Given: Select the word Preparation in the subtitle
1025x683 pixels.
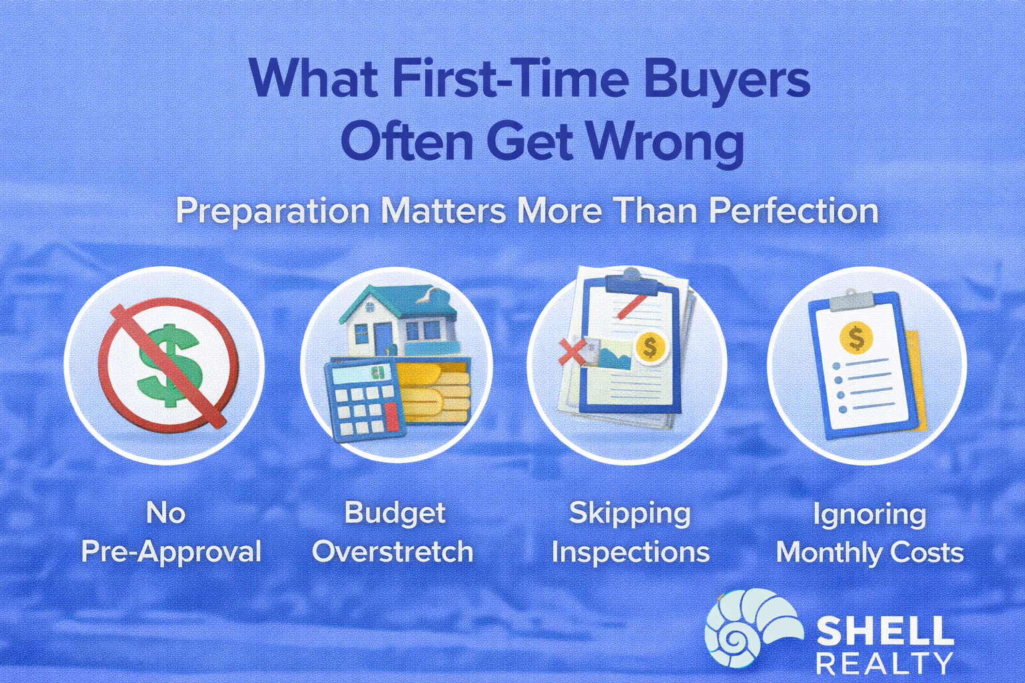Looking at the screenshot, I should [x=273, y=211].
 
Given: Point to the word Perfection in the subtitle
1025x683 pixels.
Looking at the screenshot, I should [x=793, y=211].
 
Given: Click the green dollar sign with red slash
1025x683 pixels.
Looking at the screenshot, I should [x=168, y=366].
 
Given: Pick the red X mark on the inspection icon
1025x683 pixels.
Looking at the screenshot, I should [x=571, y=351].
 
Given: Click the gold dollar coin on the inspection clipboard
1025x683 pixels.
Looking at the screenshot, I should [x=649, y=347].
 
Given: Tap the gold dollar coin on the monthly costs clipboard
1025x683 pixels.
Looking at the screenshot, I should [x=856, y=337].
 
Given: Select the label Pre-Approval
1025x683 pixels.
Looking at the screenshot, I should [x=171, y=552].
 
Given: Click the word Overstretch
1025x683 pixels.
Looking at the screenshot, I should [x=393, y=552].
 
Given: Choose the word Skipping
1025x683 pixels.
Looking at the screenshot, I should [x=630, y=514].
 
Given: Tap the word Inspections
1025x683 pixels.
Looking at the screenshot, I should [x=630, y=552].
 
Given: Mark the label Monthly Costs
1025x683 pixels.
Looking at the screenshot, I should [x=870, y=553].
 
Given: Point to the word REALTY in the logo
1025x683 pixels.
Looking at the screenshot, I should [x=884, y=664].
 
